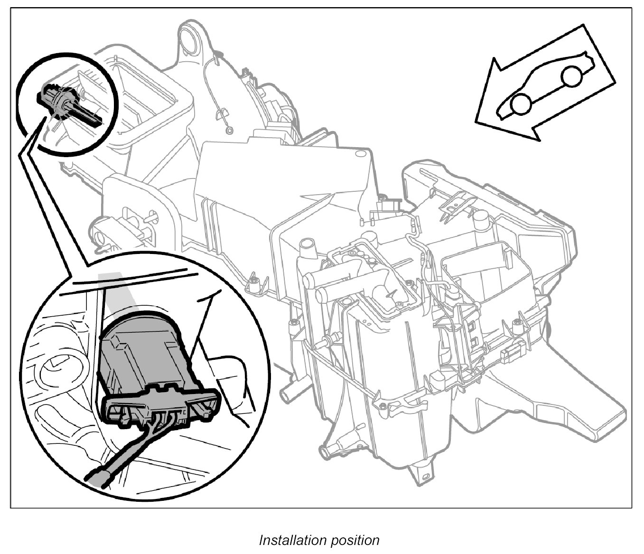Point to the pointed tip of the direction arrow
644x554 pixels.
point(476,122)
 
